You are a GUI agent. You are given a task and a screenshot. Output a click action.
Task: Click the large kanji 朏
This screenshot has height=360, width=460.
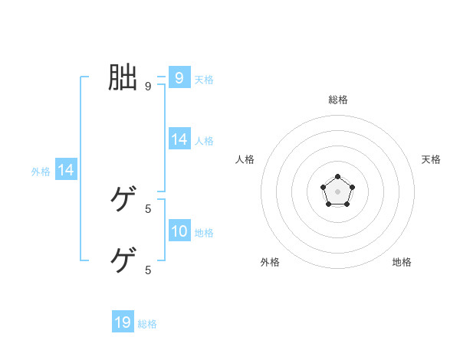click(x=123, y=78)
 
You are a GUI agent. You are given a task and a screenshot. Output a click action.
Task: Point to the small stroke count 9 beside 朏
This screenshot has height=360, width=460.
click(x=148, y=87)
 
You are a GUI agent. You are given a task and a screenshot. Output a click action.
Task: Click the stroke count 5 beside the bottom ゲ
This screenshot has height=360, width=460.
click(x=148, y=270)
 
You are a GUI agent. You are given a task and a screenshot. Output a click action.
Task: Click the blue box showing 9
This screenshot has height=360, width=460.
click(x=179, y=78)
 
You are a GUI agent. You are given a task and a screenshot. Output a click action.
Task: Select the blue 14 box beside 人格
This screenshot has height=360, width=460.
click(x=179, y=139)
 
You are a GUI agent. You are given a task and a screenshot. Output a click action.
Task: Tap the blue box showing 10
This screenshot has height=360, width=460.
click(x=179, y=231)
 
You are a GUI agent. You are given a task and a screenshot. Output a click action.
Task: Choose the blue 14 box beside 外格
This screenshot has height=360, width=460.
click(x=66, y=171)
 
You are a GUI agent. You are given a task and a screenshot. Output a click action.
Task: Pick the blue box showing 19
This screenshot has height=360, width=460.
click(x=123, y=322)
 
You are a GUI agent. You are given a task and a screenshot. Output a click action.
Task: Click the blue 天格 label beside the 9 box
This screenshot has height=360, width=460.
click(x=204, y=80)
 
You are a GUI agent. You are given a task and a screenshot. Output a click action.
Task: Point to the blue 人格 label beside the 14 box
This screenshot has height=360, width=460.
click(x=204, y=141)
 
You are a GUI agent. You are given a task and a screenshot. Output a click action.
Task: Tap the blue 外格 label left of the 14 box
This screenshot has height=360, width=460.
click(x=41, y=172)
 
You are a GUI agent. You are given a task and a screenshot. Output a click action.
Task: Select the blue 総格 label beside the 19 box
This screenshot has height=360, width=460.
click(x=147, y=324)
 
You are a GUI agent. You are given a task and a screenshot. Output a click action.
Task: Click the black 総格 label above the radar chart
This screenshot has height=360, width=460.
click(x=337, y=100)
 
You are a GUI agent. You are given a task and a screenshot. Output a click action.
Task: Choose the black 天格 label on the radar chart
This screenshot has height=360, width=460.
click(x=431, y=159)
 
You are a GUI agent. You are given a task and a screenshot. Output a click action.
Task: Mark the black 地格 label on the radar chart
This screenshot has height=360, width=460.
click(x=402, y=262)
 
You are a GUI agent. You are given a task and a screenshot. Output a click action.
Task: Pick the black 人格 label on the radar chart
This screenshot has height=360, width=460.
click(x=245, y=159)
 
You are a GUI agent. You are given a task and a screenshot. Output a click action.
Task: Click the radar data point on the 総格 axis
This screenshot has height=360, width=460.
click(x=337, y=177)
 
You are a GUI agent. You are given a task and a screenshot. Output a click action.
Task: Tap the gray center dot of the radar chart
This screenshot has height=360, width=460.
click(x=337, y=191)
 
